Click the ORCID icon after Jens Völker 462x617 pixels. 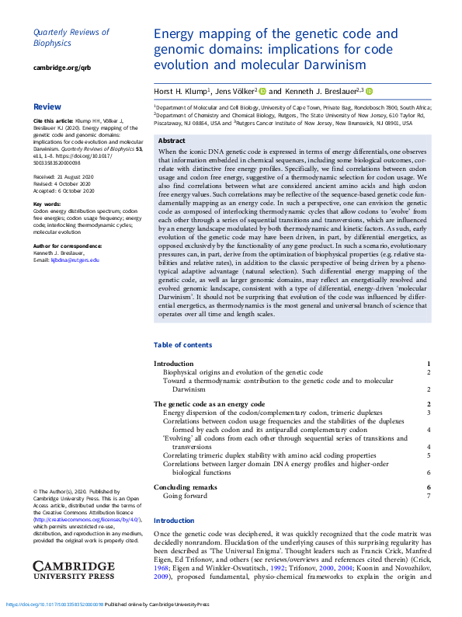click(262, 91)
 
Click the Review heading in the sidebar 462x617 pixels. click(47, 106)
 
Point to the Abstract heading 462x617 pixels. click(172, 141)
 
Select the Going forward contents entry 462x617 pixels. click(185, 495)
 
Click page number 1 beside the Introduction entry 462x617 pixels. click(429, 364)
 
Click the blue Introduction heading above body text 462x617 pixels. click(174, 521)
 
